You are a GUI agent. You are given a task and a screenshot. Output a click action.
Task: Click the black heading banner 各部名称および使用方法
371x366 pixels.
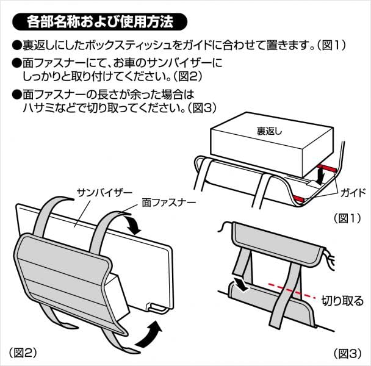[x=99, y=22]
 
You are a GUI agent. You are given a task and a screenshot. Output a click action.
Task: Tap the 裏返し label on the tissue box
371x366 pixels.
[x=269, y=131]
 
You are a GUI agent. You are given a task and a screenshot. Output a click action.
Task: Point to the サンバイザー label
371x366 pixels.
[x=104, y=193]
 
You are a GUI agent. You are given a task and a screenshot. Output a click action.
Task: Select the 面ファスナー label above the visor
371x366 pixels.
[x=168, y=203]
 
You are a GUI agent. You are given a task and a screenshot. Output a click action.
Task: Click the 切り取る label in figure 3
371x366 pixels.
[x=342, y=301]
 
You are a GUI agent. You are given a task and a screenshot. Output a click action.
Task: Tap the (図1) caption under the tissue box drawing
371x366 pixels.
[x=347, y=218]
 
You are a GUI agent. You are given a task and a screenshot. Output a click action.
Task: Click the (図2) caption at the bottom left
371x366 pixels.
[x=23, y=353]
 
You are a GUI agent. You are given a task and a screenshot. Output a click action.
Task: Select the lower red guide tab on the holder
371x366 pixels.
[x=298, y=199]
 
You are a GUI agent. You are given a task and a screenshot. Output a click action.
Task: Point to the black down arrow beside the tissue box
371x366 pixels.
[x=320, y=175]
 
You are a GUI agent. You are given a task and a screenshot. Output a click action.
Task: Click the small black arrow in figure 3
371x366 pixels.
[x=241, y=284]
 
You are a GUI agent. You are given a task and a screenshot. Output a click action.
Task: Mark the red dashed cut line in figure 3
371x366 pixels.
[x=292, y=290]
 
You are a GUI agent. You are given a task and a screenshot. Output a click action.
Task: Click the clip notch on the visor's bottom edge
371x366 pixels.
[x=156, y=307]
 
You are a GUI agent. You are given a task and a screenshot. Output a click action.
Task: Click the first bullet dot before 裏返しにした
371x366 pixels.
[x=16, y=45]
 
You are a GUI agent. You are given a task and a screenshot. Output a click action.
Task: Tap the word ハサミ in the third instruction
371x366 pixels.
[x=36, y=108]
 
